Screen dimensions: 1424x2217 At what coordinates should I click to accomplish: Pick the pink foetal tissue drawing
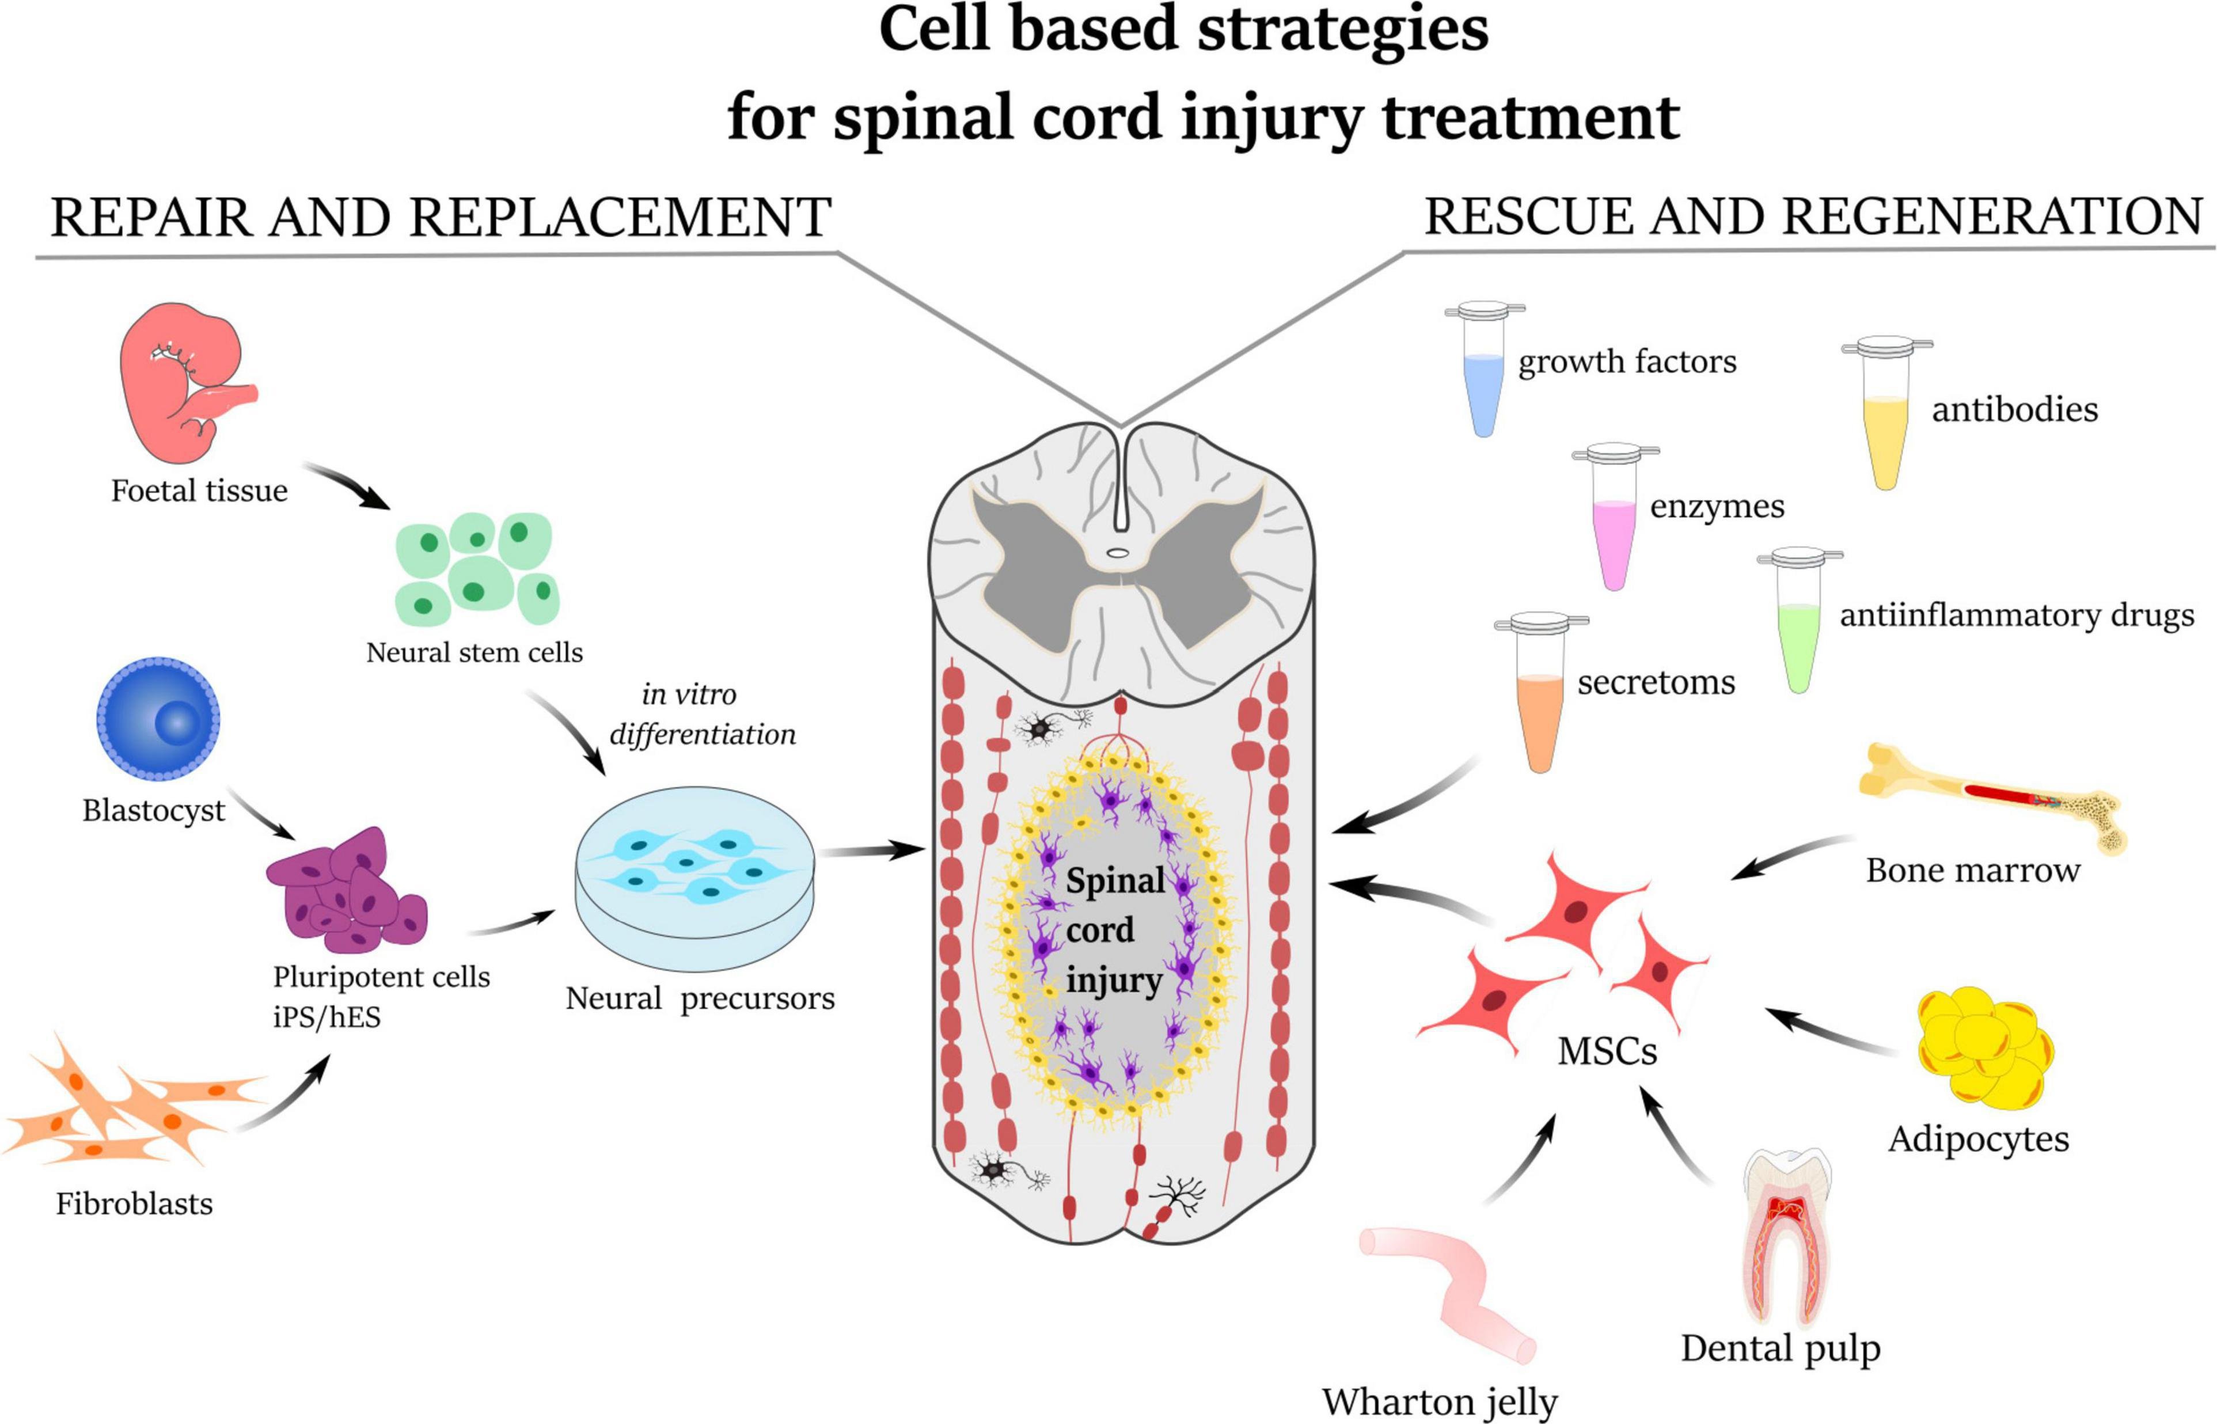[x=185, y=383]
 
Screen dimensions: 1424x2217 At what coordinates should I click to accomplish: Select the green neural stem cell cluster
[x=476, y=569]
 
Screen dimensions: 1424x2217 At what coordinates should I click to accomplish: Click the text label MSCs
[x=1607, y=1051]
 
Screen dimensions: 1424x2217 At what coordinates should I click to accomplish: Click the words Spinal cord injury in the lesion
[x=1114, y=929]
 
